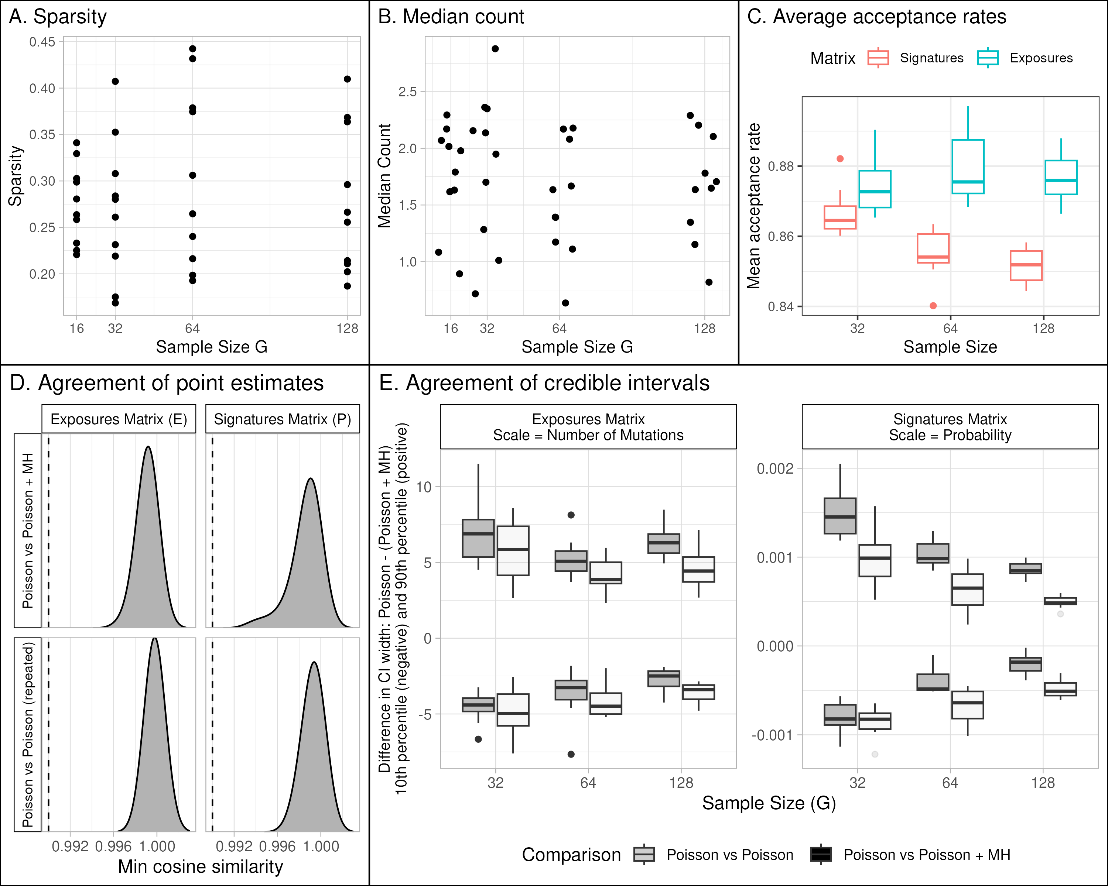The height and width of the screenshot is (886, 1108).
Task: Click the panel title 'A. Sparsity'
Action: (58, 17)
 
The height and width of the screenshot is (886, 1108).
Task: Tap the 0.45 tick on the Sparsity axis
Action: (42, 42)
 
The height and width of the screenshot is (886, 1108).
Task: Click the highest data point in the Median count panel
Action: (495, 49)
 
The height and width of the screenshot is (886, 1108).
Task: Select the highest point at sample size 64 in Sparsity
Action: (193, 49)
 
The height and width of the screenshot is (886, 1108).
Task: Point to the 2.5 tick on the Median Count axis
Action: (407, 92)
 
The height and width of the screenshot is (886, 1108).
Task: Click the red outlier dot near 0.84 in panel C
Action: (933, 306)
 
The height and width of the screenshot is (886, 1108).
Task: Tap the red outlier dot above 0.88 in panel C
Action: (840, 159)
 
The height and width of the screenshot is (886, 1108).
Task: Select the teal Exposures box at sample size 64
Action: (968, 167)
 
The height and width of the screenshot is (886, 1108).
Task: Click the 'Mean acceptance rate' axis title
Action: (754, 206)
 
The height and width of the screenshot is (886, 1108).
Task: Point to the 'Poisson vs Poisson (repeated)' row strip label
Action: (28, 735)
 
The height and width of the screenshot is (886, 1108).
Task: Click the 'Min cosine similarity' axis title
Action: (201, 866)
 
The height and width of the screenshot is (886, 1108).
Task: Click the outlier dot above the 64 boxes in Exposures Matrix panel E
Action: (571, 515)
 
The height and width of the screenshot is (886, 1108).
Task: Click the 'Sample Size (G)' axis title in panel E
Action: (769, 803)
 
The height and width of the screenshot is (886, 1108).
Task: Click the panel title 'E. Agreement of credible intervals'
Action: (544, 383)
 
